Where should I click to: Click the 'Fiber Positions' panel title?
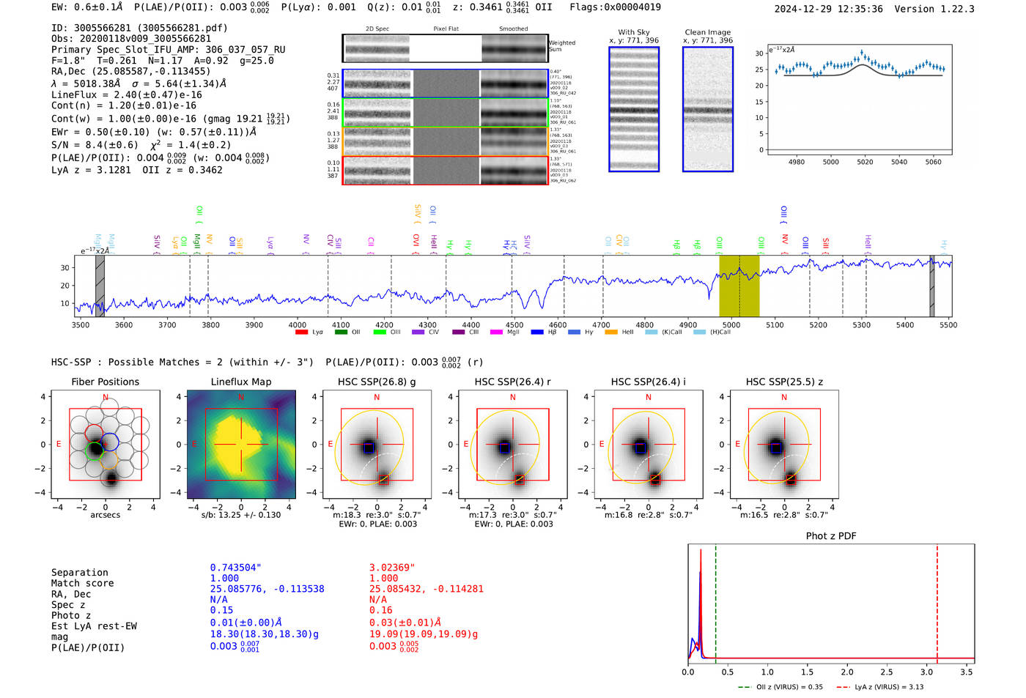[x=105, y=382]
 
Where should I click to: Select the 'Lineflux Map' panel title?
[x=241, y=382]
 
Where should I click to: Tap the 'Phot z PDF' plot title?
[x=831, y=535]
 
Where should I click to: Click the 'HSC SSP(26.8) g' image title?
[x=377, y=382]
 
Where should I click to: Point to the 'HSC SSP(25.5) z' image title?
[x=784, y=382]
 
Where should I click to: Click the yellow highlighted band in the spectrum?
[x=739, y=286]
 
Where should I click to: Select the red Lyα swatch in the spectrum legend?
[x=301, y=333]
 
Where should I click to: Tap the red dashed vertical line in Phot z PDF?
[x=937, y=601]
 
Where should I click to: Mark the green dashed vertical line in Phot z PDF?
[x=715, y=601]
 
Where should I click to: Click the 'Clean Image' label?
[x=707, y=32]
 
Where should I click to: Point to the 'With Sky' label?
[x=634, y=32]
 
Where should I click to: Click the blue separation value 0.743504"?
[x=235, y=568]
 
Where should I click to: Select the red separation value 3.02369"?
[x=392, y=568]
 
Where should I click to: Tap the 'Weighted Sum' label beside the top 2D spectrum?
[x=561, y=45]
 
